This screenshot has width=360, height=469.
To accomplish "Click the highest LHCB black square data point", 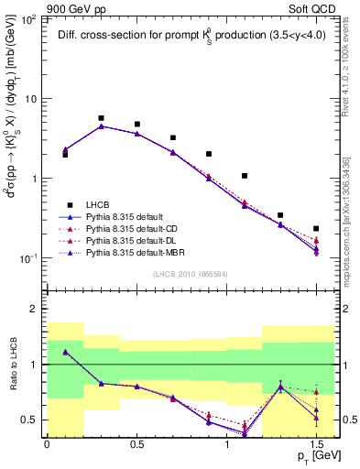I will (x=101, y=118).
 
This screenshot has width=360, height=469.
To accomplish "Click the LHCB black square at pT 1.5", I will (x=316, y=229).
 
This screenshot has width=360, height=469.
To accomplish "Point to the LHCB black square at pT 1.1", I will (x=245, y=176).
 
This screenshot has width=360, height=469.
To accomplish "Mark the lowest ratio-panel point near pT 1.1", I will (x=245, y=433).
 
